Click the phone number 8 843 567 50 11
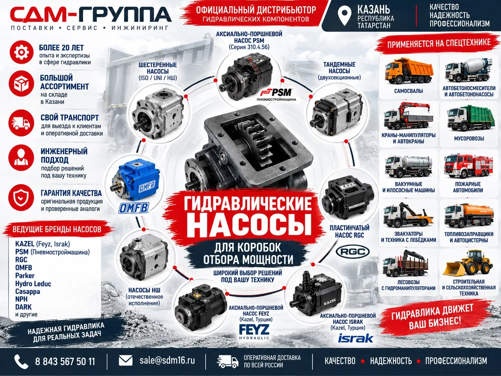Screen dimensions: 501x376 65,361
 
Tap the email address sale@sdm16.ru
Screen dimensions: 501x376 167,360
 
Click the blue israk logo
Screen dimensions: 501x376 356,338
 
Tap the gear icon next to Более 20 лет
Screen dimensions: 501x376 22,52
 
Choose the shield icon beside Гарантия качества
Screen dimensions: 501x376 21,198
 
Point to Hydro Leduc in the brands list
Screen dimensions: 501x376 33,284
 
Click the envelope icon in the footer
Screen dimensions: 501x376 126,361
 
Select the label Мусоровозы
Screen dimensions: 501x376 469,138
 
